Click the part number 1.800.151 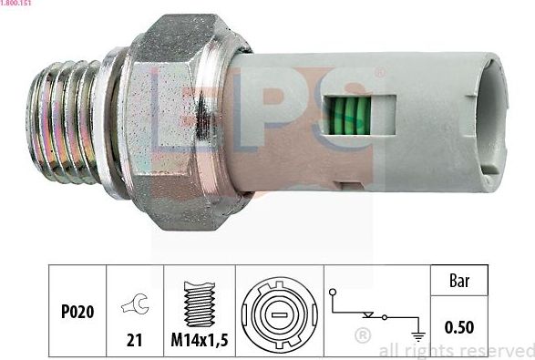(x=19, y=5)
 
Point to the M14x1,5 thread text (x=199, y=341)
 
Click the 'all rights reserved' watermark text (x=455, y=350)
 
